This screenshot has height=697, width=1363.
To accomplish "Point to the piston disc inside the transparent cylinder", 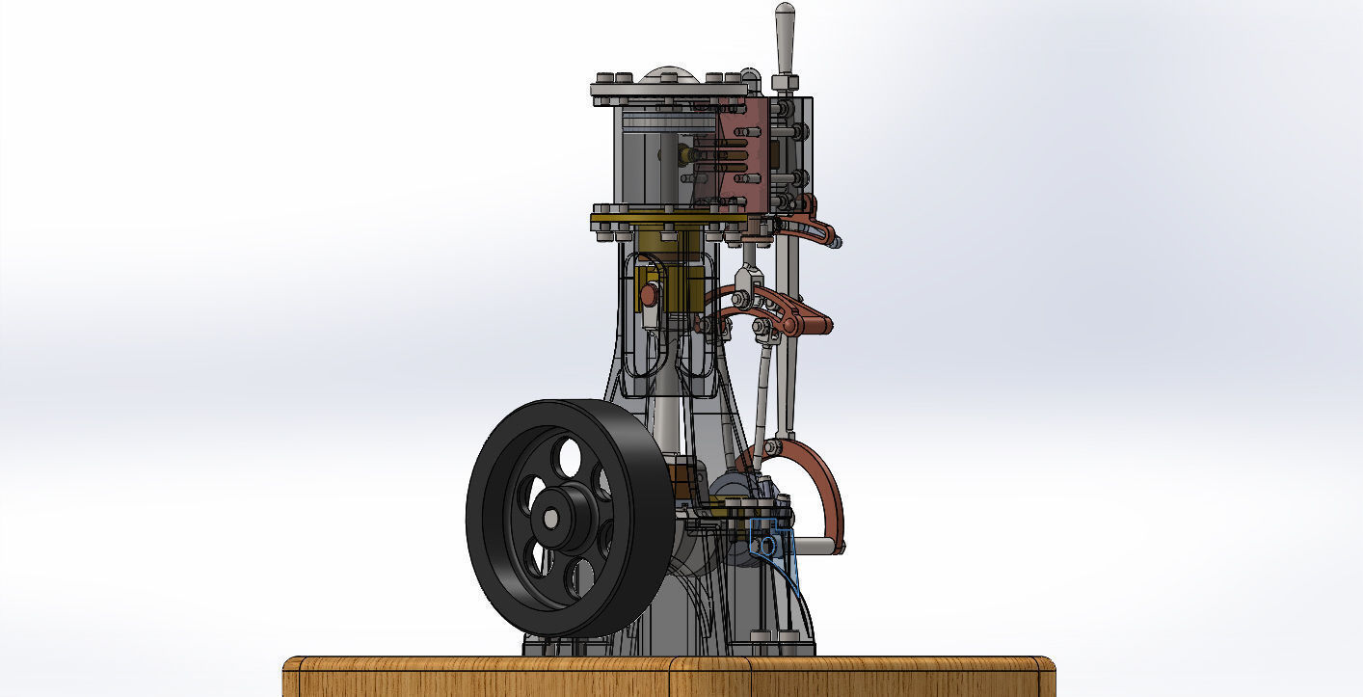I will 665,121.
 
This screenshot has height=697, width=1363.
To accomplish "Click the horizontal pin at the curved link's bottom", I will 819,547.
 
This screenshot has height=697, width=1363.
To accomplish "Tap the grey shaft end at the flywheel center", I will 549,519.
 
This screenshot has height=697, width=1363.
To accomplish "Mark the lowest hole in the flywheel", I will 581,578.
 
